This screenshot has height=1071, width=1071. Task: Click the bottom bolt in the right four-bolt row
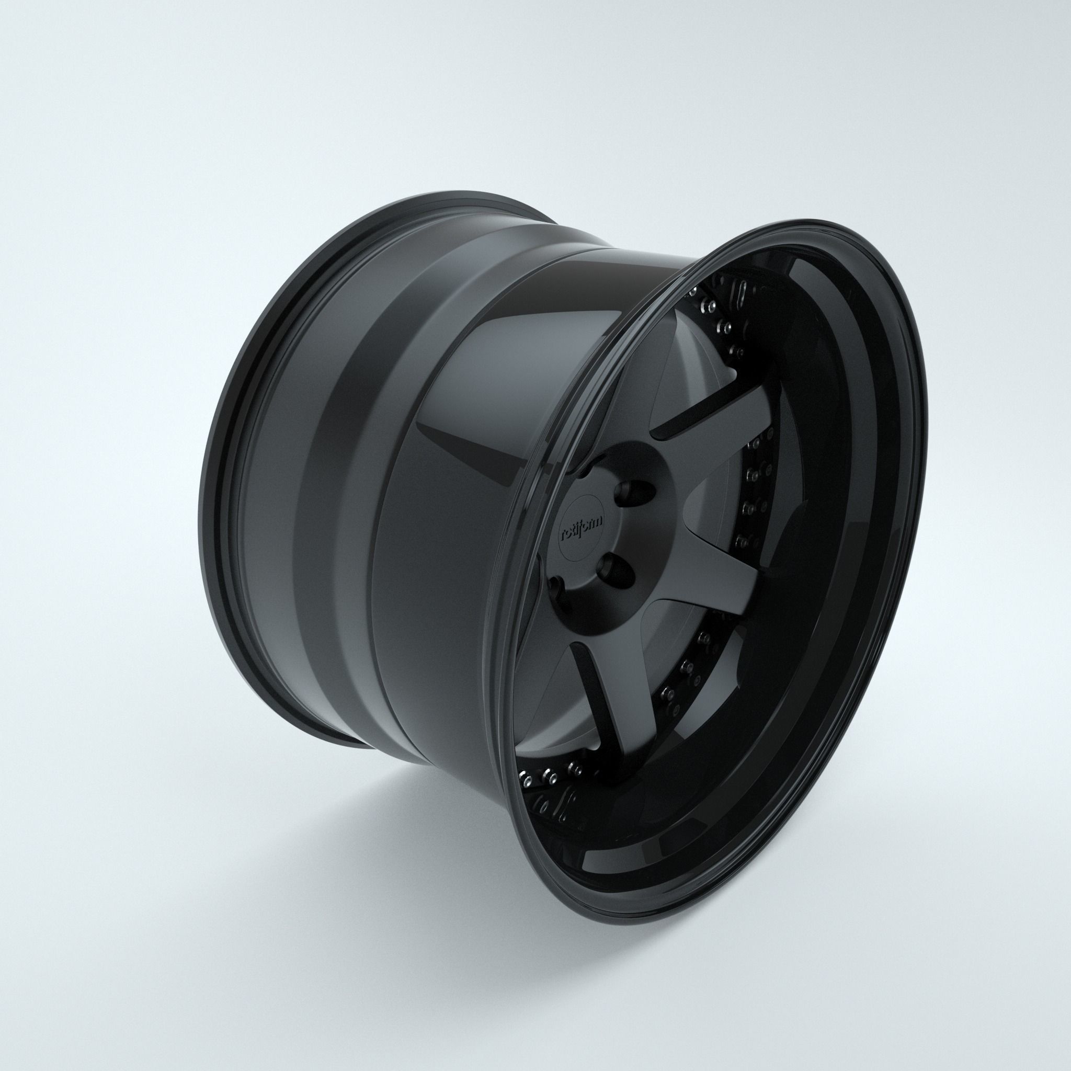pyautogui.click(x=741, y=541)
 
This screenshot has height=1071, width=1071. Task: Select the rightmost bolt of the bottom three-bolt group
pyautogui.click(x=574, y=768)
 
